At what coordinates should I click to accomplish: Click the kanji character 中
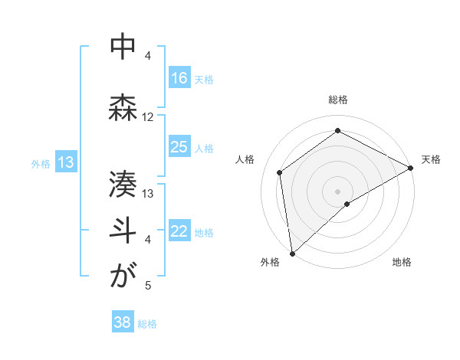[123, 47]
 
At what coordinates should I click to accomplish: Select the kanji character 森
[123, 106]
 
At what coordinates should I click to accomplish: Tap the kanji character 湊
[123, 184]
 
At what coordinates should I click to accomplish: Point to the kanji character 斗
[123, 230]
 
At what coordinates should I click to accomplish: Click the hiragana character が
[123, 276]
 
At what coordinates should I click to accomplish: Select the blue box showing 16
[179, 78]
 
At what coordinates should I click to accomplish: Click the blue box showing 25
[179, 147]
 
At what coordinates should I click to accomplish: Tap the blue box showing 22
[179, 232]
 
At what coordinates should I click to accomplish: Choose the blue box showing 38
[123, 322]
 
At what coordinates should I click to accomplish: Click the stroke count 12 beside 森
[148, 117]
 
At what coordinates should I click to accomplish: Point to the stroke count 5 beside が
[148, 286]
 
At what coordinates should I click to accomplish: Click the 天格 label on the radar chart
[431, 159]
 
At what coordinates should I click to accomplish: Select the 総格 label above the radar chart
[338, 100]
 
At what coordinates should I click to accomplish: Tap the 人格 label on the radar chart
[245, 159]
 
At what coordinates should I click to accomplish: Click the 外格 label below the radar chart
[270, 262]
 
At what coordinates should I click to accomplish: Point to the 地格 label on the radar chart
[402, 262]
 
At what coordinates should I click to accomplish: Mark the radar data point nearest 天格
[411, 168]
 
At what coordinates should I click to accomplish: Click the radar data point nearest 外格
[292, 253]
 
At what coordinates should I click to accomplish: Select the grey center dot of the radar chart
[338, 191]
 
